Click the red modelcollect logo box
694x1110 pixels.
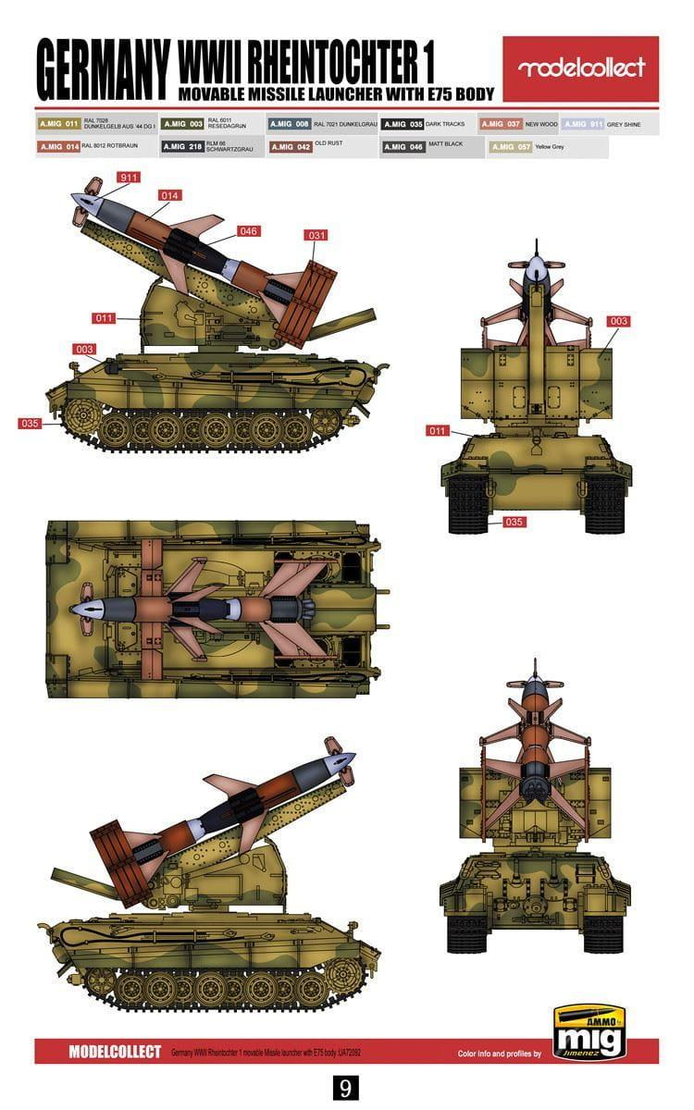point(580,68)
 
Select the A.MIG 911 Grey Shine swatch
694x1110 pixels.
point(583,123)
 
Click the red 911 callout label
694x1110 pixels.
point(129,177)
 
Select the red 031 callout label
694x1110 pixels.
point(316,235)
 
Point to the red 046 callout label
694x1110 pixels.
point(248,230)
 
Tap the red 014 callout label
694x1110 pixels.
point(169,195)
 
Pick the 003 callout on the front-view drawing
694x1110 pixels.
point(618,321)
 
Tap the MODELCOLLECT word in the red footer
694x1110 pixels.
point(115,1052)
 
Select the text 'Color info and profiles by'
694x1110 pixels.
point(502,1054)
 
